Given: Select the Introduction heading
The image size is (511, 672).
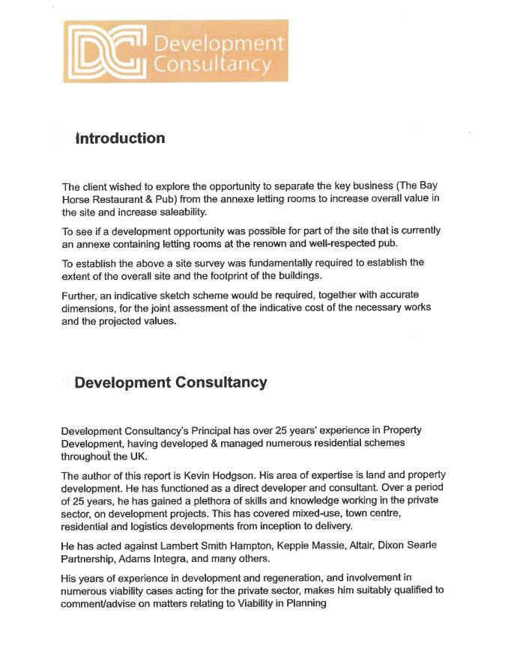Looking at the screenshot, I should [x=120, y=138].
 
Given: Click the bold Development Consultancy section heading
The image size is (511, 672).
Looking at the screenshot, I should [x=171, y=382].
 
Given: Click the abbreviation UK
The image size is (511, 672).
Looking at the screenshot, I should [x=139, y=457].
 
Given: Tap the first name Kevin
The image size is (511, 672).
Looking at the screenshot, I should [x=210, y=476].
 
